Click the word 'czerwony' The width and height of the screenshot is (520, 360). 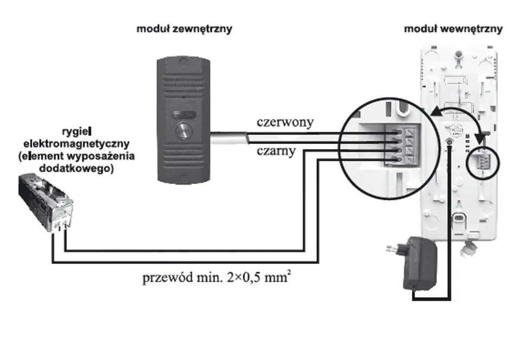[x=285, y=122]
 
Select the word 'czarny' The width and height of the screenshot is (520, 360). [x=276, y=150]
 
